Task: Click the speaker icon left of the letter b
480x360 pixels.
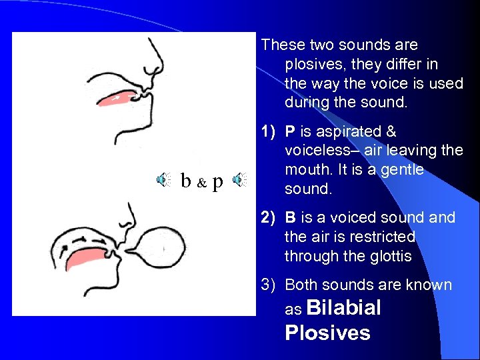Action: pyautogui.click(x=163, y=179)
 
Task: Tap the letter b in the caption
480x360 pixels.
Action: pyautogui.click(x=187, y=180)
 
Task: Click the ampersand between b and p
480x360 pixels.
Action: pyautogui.click(x=202, y=182)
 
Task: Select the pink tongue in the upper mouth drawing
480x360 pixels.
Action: pyautogui.click(x=119, y=97)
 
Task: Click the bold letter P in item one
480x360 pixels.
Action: pyautogui.click(x=290, y=132)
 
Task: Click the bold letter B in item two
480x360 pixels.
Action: pyautogui.click(x=290, y=218)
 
